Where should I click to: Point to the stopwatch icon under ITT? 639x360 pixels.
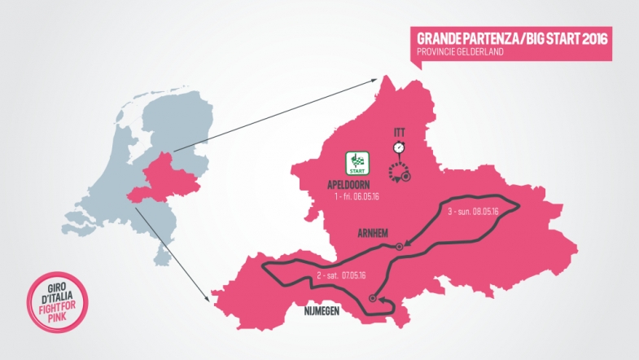(399, 147)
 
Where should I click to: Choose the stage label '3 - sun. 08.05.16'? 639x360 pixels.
(474, 212)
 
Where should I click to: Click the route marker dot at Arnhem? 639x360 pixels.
(399, 246)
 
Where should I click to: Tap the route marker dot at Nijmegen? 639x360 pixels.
(373, 297)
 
